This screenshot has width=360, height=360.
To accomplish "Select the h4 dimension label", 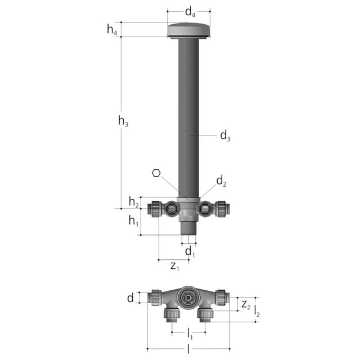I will (112, 30).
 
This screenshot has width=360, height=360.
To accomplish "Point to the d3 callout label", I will (225, 135).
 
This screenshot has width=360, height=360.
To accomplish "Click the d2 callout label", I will (222, 181).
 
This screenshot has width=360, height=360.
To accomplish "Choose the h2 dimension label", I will (133, 202).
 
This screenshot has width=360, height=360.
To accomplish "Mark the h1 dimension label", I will (133, 222).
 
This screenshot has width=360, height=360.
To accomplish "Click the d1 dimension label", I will (191, 250).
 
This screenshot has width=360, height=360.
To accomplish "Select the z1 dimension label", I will (175, 265).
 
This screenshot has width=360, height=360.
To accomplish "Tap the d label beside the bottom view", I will (130, 298).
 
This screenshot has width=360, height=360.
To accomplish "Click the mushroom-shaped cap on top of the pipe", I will (189, 30).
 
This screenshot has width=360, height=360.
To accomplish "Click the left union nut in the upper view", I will (154, 209).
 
